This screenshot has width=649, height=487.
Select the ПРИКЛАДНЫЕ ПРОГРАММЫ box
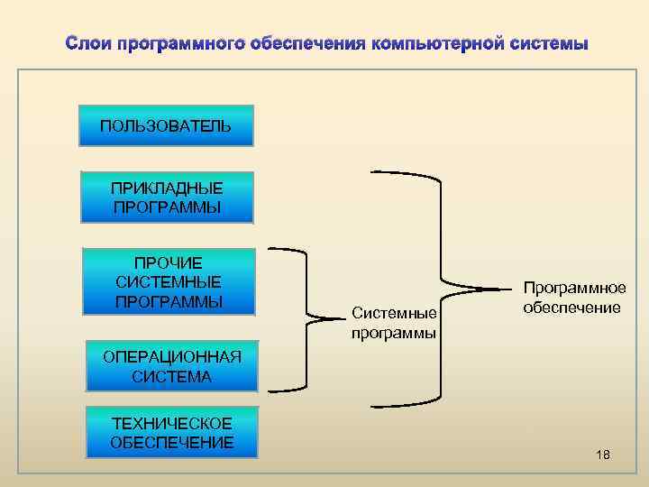167,198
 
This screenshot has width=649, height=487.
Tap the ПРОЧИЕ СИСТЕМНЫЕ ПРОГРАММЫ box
169,281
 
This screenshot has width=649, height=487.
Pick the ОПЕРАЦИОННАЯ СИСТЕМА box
171,366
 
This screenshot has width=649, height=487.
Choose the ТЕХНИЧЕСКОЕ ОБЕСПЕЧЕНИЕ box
171,432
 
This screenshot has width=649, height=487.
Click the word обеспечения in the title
297,42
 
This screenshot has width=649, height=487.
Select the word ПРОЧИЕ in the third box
169,263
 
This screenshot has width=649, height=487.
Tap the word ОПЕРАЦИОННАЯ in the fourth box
171,357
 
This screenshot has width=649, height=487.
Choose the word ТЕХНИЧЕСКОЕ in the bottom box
171,423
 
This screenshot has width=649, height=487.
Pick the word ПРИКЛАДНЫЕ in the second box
167,188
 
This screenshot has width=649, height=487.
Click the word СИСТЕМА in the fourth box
171,376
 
